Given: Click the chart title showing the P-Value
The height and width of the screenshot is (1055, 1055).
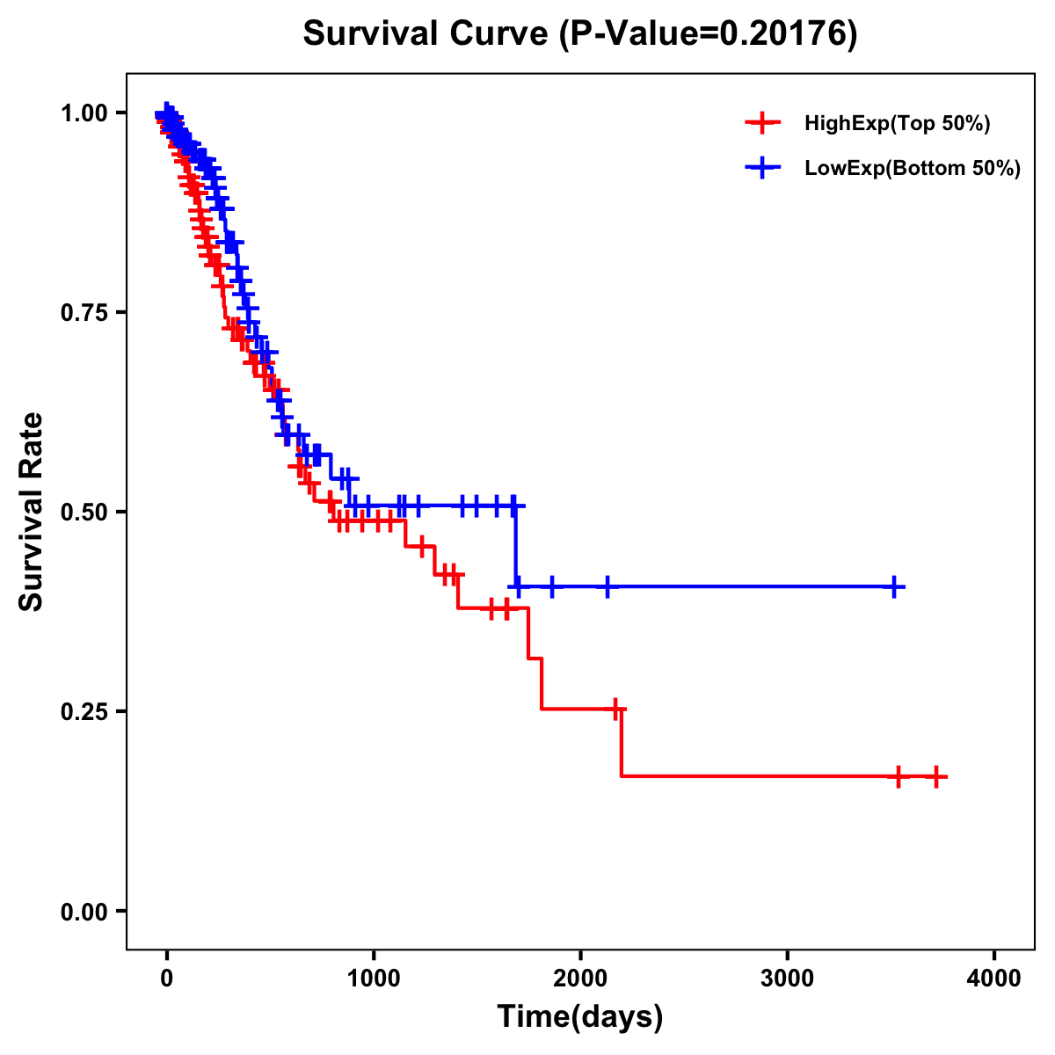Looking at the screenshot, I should [x=579, y=34].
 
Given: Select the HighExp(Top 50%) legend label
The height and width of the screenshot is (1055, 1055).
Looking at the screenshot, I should [x=897, y=124].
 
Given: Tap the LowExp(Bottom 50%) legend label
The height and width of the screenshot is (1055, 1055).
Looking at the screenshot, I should [x=913, y=169].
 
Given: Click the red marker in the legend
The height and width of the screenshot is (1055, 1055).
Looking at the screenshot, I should [x=762, y=124].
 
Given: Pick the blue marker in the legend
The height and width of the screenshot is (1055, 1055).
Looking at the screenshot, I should [x=762, y=168].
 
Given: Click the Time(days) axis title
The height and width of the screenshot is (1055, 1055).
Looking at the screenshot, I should [x=580, y=1017].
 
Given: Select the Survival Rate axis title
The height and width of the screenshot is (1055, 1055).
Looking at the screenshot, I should [x=33, y=511].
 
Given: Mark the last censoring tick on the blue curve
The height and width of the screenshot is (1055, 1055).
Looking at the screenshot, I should [x=894, y=587].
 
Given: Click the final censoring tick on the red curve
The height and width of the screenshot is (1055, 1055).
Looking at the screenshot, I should [x=937, y=777].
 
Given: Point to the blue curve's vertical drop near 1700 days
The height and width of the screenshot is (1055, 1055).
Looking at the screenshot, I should [x=516, y=547].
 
